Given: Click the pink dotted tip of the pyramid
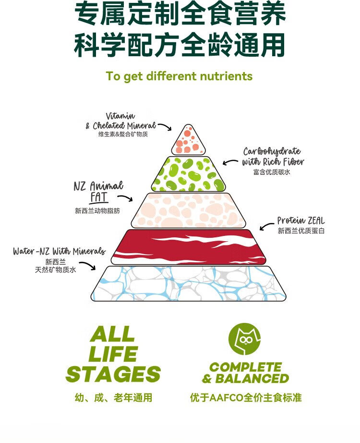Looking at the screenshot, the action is coord(188,141).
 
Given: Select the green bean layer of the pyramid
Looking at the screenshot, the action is coord(188,174).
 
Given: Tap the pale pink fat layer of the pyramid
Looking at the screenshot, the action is coord(188,210).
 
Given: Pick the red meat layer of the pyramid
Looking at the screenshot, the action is coord(188,247).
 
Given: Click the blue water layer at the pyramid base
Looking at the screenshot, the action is coord(188,283).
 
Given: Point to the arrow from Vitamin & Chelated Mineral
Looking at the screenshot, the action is coord(166,126).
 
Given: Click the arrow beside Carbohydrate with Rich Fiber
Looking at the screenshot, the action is coord(230,162).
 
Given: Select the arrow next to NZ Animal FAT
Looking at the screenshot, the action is coord(125,197).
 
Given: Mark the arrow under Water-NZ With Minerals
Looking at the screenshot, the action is coord(88,265).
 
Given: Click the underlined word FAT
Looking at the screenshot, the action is coord(99,197).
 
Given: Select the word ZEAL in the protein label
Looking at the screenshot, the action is coord(316,221).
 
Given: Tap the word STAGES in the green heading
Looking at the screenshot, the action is coord(113,374).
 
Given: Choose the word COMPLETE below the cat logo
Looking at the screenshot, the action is coord(246,367).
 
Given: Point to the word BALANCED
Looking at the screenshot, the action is coord(252,379).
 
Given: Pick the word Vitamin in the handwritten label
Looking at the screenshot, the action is coord(120,116).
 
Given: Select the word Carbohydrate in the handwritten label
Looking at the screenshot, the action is coord(272,151).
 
